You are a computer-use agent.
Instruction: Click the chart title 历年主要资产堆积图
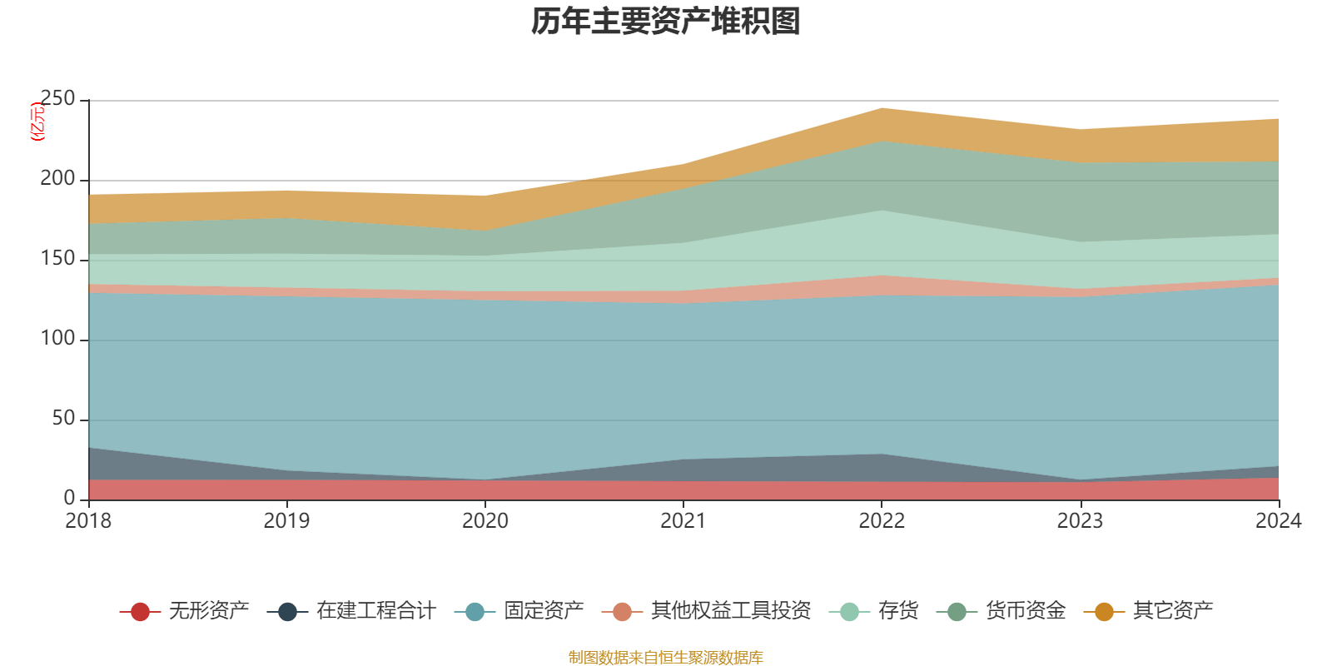666,22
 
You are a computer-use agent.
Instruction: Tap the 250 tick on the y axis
57,99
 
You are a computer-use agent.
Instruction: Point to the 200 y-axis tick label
57,179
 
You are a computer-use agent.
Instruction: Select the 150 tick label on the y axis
57,259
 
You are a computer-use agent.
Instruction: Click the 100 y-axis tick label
57,339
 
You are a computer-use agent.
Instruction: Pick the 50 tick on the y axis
63,419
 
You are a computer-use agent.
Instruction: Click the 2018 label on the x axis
88,521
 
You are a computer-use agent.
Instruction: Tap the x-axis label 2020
485,521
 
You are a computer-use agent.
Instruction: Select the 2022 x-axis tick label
882,521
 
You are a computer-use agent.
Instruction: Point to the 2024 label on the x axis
1278,521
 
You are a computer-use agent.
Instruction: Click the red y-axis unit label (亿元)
37,122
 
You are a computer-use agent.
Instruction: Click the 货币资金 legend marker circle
957,612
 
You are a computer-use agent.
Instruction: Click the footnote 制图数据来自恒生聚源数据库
665,658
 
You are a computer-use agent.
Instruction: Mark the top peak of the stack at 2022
882,108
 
